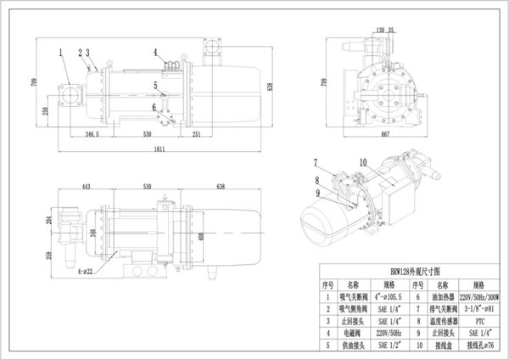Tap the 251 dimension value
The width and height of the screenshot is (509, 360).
point(195,134)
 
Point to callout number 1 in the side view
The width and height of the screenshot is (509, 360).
point(61,51)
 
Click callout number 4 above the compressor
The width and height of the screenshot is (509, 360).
point(155,52)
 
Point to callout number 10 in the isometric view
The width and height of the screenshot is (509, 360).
point(362,161)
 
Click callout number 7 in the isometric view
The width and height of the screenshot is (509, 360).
point(313,161)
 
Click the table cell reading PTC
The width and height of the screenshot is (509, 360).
point(474,323)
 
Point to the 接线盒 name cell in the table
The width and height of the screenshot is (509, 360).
point(440,346)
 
